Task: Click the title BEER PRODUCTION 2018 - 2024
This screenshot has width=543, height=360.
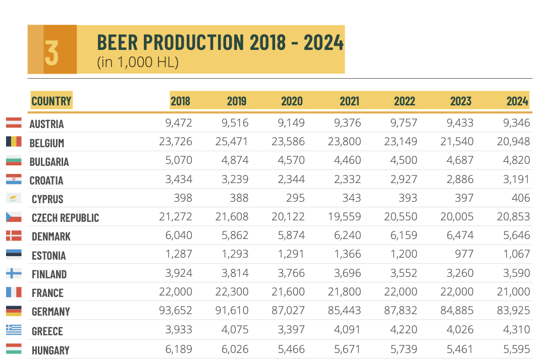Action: pos(220,42)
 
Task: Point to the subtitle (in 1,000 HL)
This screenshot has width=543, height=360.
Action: pos(138,63)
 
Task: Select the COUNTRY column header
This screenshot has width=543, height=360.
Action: pos(51,101)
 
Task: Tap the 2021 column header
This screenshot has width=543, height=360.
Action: pos(349,101)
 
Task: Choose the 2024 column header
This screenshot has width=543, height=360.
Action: pos(517,101)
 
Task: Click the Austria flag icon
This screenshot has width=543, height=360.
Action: pos(13,123)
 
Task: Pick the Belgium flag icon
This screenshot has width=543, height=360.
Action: pos(13,142)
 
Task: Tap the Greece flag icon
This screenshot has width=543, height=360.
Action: pos(13,330)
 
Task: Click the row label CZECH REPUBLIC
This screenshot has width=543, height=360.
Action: pos(65,218)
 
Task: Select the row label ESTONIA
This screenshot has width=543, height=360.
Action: pos(48,256)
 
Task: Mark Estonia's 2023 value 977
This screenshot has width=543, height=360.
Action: pos(463,254)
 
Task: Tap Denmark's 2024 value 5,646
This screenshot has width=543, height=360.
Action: pos(516,235)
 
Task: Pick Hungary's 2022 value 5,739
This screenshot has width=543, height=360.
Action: pos(404,349)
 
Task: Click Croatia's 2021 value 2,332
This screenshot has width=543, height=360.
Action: pos(347,179)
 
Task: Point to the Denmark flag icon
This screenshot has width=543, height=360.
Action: pos(13,235)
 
